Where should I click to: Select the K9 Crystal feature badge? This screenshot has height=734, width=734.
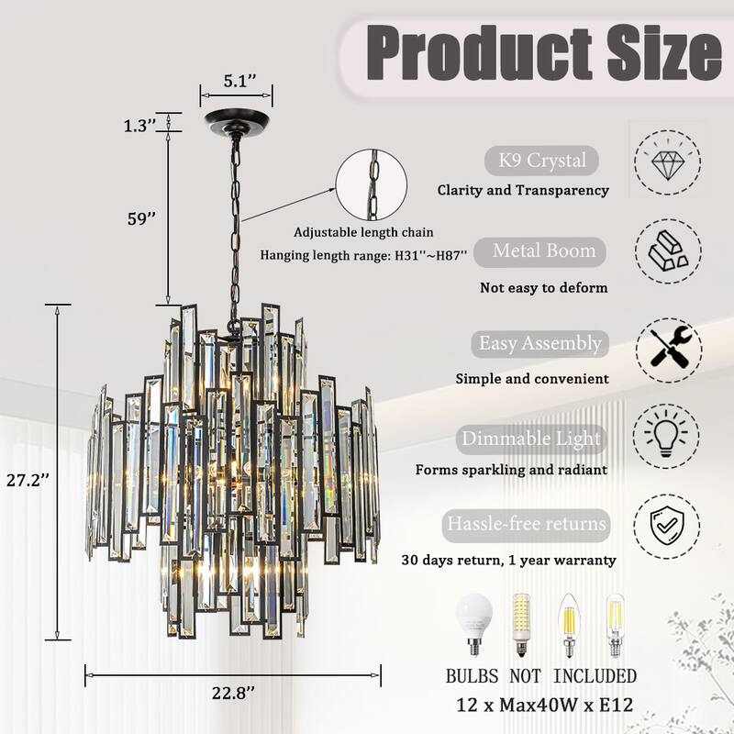pos(541,161)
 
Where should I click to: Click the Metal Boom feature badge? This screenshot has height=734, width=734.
pos(544,250)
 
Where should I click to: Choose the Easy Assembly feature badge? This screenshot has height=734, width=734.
pos(540,344)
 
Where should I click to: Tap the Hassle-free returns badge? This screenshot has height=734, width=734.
pos(526,524)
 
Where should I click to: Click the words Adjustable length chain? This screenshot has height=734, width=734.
pos(363,232)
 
